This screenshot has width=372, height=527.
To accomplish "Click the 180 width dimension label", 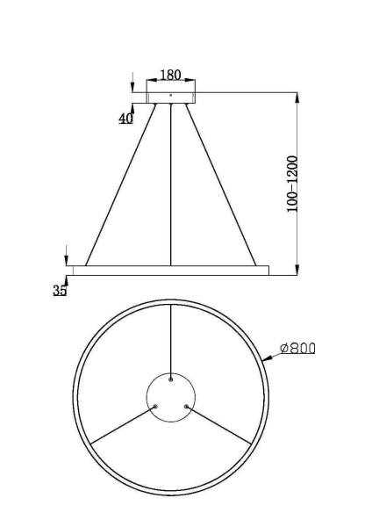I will [x=170, y=76].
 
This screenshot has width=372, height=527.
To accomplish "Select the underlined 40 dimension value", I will [x=126, y=118].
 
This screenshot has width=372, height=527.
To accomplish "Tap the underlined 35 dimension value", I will [x=60, y=290].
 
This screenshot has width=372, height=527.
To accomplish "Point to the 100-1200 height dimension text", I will [x=293, y=183].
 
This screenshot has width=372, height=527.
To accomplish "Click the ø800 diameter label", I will [x=297, y=349].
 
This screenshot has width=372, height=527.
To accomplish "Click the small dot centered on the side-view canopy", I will [x=170, y=93].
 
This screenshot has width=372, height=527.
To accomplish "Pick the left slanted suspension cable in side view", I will [x=121, y=184].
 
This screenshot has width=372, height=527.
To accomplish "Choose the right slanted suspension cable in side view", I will [x=219, y=184].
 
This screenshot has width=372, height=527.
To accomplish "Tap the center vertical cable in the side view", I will [x=170, y=184].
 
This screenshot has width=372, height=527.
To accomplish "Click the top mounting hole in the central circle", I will [x=170, y=379].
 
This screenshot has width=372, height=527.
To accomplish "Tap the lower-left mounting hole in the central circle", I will [x=155, y=406].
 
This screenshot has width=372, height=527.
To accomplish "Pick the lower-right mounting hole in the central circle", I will [x=186, y=406].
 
